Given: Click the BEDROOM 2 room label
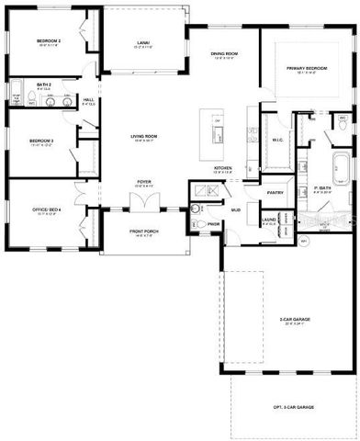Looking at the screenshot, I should click(x=49, y=41).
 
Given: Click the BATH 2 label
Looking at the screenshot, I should click(x=44, y=84).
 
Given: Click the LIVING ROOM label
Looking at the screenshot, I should click(x=145, y=136).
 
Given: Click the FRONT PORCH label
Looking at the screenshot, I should click(x=144, y=232).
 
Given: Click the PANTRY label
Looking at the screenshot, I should click(x=274, y=193).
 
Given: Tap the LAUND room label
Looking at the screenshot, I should click(x=269, y=220).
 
